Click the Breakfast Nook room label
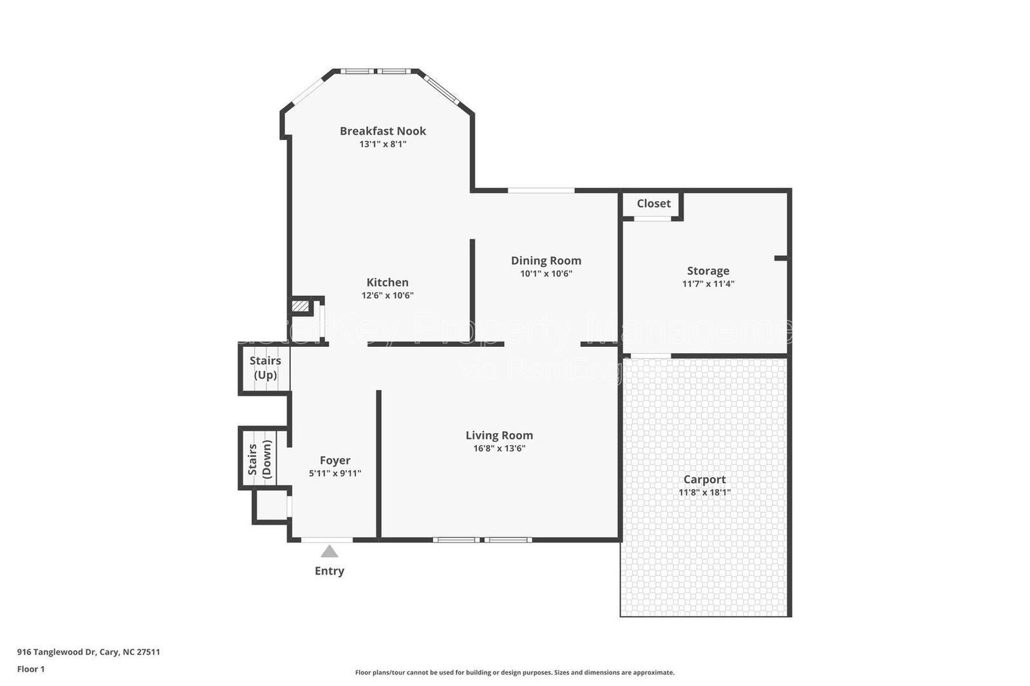(x=382, y=131)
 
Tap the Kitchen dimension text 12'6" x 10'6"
(x=387, y=295)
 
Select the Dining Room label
(x=546, y=260)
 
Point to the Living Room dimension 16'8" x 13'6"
(x=499, y=449)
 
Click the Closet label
(x=653, y=203)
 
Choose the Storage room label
(x=707, y=271)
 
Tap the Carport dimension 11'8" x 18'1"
(x=704, y=492)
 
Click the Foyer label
(x=335, y=460)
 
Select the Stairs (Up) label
(x=265, y=367)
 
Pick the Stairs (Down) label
(x=259, y=459)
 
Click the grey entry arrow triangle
(x=330, y=552)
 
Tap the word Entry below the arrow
(x=329, y=571)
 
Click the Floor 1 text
(x=31, y=669)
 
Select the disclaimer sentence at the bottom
(x=514, y=672)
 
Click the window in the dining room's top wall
(x=541, y=190)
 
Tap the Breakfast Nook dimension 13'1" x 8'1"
(x=382, y=144)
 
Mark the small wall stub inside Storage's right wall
(x=780, y=258)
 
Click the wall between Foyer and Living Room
(x=379, y=463)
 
